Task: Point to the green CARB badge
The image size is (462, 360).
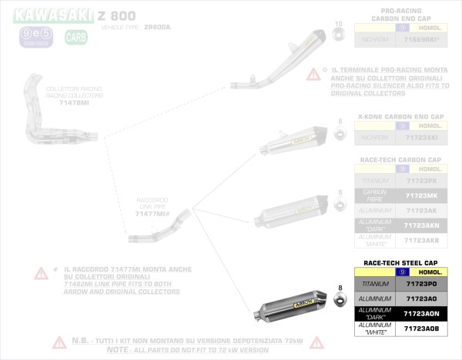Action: coord(76,35)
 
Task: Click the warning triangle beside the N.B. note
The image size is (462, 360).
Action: coord(59,342)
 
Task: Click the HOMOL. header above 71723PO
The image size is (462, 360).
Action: coord(430,272)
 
